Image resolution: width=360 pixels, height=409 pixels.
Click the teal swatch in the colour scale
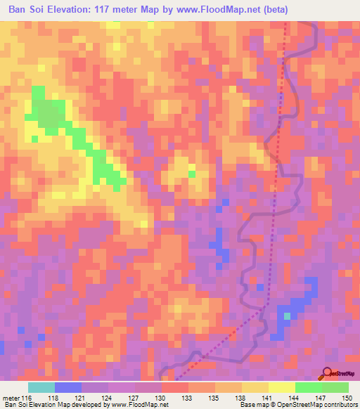(41, 387)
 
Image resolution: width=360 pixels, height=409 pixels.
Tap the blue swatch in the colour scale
(67, 387)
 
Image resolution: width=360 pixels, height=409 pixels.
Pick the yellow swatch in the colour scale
(281, 387)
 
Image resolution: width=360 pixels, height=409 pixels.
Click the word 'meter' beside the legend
(11, 398)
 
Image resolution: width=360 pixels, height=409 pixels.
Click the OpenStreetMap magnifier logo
(328, 372)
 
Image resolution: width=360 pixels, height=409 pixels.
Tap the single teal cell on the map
(287, 316)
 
